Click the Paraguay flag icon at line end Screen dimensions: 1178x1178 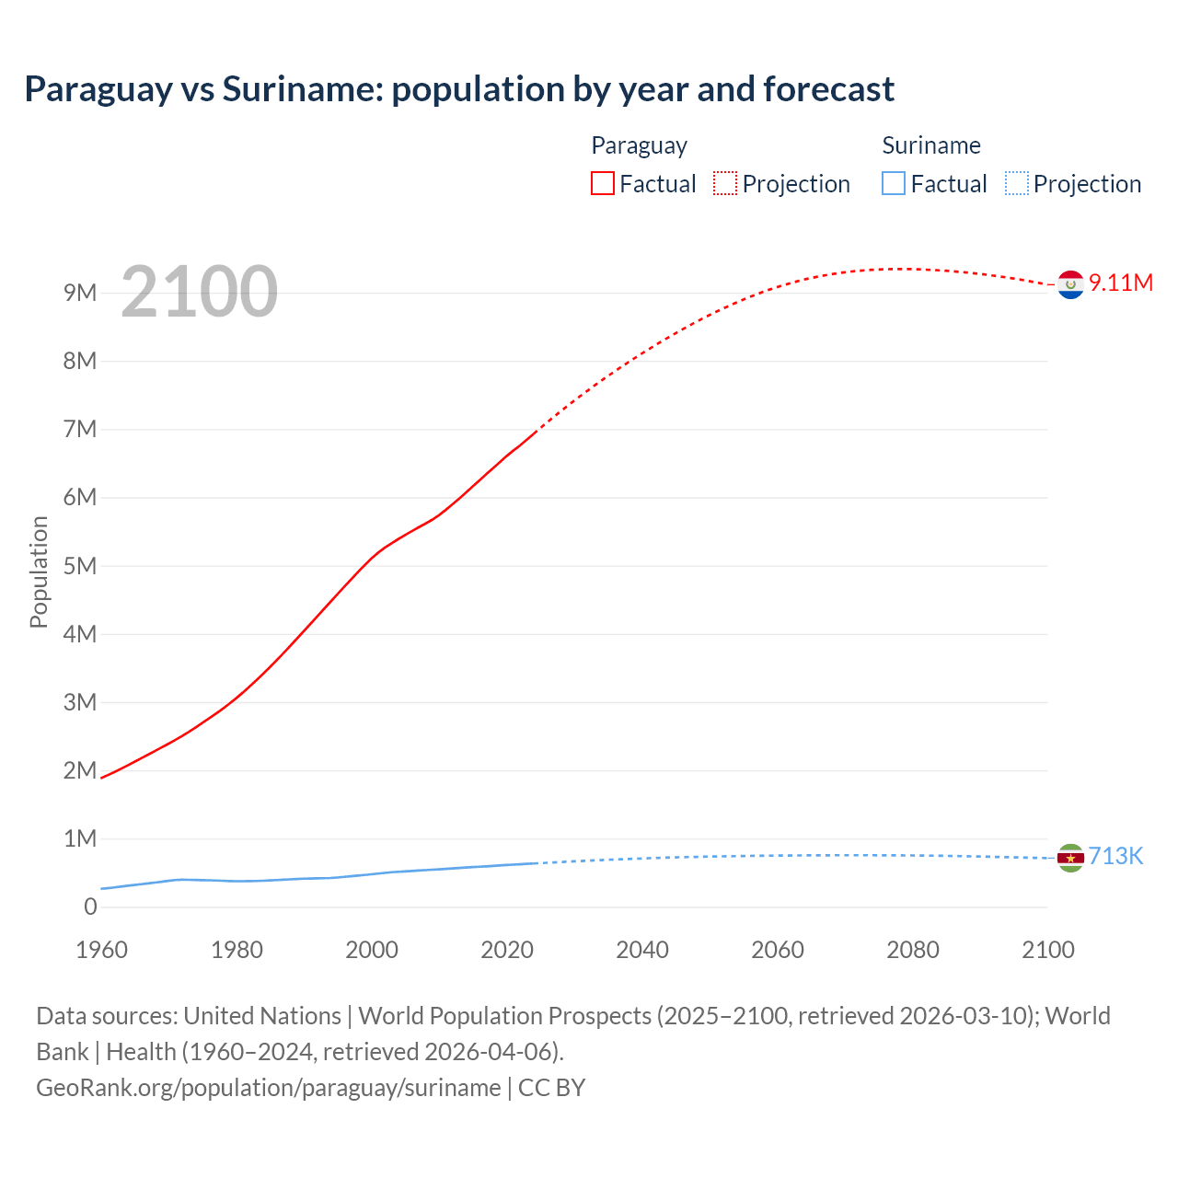tap(1070, 285)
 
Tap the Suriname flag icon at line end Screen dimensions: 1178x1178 tap(1070, 858)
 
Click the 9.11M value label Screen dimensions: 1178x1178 tap(1121, 283)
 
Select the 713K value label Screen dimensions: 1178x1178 tap(1115, 857)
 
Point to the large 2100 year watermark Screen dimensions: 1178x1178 tap(199, 292)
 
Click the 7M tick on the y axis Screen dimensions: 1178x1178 tap(80, 429)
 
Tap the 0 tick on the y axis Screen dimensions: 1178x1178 tap(90, 907)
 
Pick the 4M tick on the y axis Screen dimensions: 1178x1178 tap(80, 634)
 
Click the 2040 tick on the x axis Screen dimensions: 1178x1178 tap(642, 950)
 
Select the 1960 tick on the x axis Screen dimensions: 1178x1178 tap(101, 950)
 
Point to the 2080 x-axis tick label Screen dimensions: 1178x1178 tap(913, 950)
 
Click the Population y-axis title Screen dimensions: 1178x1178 tap(39, 572)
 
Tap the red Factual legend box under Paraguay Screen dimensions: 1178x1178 tap(603, 183)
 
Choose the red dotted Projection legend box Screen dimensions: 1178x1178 tap(725, 183)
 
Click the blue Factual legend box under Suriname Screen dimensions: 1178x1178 tap(894, 183)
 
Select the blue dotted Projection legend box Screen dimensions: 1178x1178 tap(1016, 183)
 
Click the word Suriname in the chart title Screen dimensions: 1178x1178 tap(301, 89)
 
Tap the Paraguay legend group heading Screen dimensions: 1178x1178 tap(639, 145)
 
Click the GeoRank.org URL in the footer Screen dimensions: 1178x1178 tap(268, 1088)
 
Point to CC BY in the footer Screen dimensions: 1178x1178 tap(552, 1088)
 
